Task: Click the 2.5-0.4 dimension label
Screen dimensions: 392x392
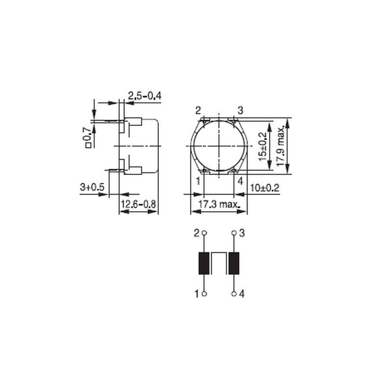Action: click(145, 96)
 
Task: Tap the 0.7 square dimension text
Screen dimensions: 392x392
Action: click(88, 137)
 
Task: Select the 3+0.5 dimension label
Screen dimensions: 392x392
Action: click(92, 187)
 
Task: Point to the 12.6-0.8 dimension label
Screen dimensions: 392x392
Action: click(139, 204)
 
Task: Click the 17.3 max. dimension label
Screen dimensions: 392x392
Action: click(219, 204)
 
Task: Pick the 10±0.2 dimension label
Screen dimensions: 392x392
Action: click(265, 188)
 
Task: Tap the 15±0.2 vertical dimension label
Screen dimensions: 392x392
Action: click(263, 147)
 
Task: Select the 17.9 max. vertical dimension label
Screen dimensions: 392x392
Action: click(281, 146)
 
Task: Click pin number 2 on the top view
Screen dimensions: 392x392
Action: click(198, 110)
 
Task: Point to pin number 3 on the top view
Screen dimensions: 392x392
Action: click(240, 110)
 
